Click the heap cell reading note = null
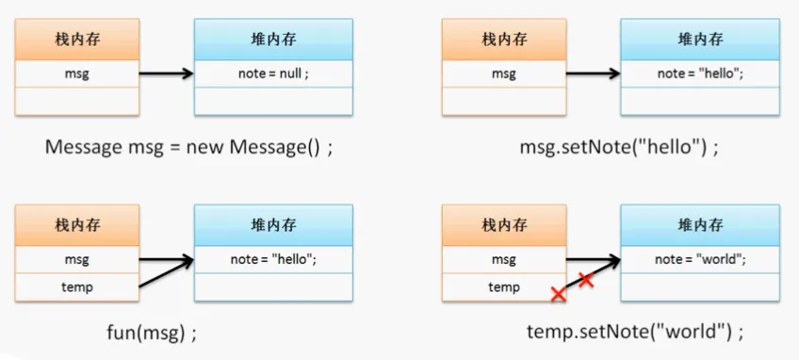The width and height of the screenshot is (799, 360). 273,74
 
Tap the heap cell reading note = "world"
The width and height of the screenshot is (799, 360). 700,259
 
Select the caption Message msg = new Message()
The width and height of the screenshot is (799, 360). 188,148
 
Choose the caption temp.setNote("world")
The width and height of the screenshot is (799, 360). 634,332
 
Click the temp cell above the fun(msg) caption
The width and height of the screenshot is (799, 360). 77,286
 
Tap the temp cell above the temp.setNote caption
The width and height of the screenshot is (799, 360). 504,286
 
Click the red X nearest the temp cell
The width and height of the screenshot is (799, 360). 558,295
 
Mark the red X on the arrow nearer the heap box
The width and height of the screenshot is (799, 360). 585,279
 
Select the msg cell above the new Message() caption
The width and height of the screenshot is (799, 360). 77,74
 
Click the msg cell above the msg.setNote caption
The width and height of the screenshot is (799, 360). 504,74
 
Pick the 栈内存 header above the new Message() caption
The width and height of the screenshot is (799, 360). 77,40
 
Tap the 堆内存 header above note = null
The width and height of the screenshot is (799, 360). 273,40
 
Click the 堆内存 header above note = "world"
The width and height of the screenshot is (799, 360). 700,225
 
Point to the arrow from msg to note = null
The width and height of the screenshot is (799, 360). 166,74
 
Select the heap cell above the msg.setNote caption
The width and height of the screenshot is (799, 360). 700,74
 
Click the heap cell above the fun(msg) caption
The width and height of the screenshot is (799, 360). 273,259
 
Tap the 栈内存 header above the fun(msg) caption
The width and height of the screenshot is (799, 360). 77,225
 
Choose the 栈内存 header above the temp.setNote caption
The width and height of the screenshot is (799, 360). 504,225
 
